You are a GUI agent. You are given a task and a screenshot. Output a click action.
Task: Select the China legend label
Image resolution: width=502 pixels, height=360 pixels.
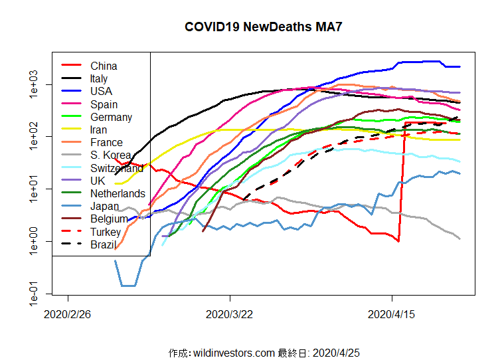[104, 66]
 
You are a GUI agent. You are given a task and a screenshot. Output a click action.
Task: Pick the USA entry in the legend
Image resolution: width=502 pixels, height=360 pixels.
[101, 91]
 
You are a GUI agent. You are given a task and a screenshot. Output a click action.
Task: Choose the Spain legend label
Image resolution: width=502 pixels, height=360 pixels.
[104, 104]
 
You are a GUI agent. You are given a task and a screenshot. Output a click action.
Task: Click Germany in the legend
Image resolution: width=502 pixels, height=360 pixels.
[111, 117]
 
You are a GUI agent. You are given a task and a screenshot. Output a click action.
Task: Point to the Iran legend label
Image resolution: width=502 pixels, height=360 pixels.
[99, 130]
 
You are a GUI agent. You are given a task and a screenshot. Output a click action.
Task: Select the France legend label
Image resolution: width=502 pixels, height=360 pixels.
[106, 142]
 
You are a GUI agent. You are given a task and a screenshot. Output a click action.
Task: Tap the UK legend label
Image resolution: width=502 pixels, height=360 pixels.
[98, 181]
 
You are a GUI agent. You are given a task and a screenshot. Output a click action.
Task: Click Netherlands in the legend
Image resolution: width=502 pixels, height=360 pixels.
[118, 193]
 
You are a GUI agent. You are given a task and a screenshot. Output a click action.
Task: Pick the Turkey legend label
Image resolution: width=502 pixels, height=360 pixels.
[106, 232]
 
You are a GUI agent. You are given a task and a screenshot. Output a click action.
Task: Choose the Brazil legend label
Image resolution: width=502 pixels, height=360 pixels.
[104, 244]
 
